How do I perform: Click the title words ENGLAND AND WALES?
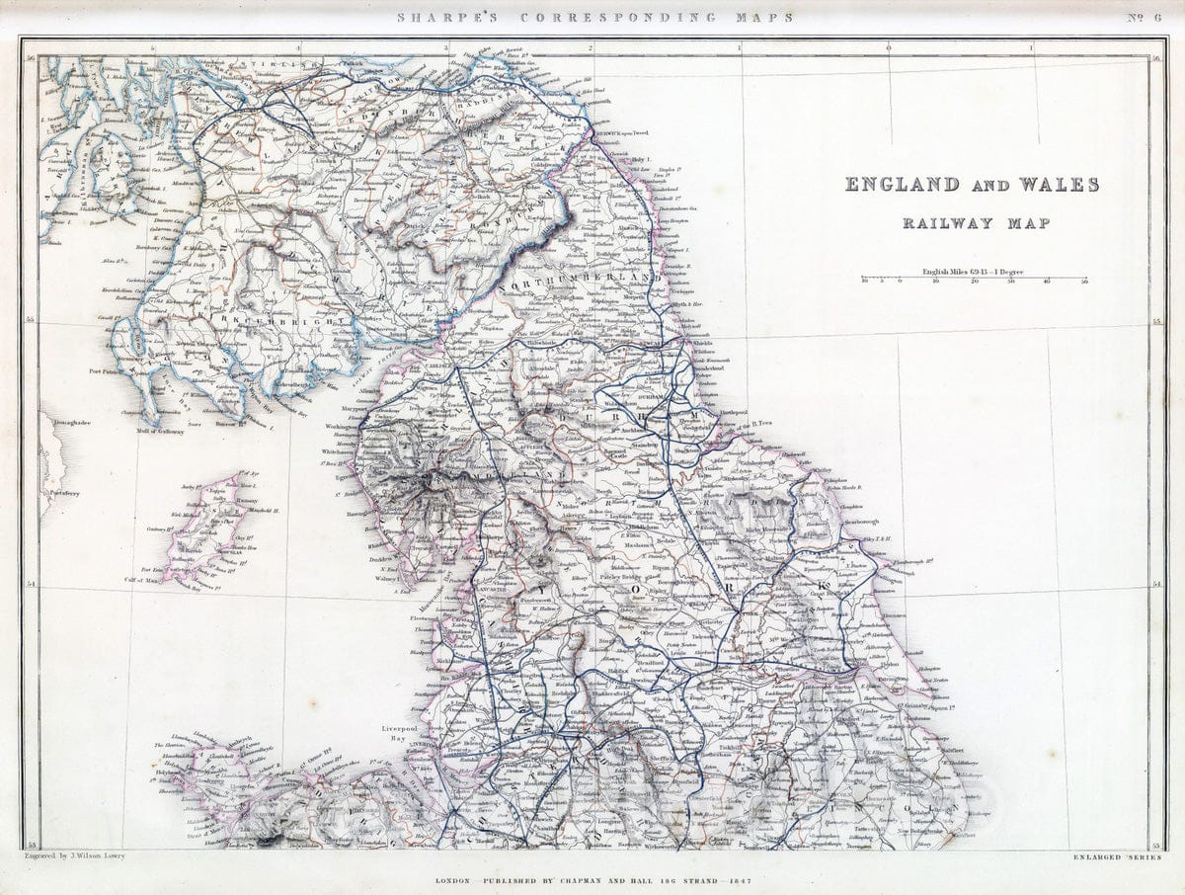[x=971, y=185]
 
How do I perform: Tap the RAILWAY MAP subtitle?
[x=976, y=223]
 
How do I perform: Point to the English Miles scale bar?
[x=975, y=280]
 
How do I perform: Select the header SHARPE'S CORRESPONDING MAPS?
[x=594, y=17]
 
